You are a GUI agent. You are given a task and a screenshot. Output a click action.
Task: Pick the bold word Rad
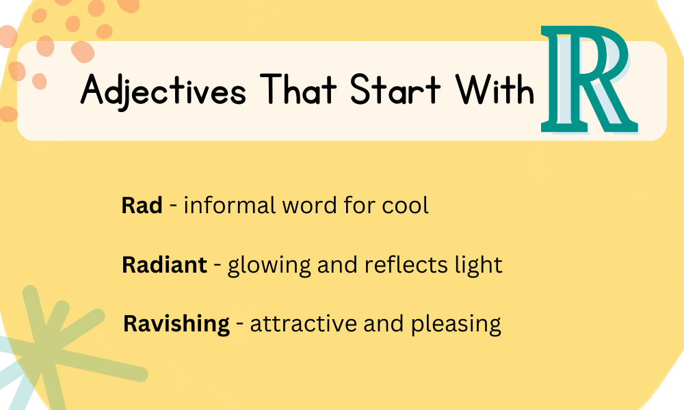[142, 205]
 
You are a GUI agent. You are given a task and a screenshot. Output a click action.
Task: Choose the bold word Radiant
[164, 264]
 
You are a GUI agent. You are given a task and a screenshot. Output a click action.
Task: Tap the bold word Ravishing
[176, 323]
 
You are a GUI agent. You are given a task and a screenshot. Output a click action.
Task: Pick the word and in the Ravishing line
[376, 323]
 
